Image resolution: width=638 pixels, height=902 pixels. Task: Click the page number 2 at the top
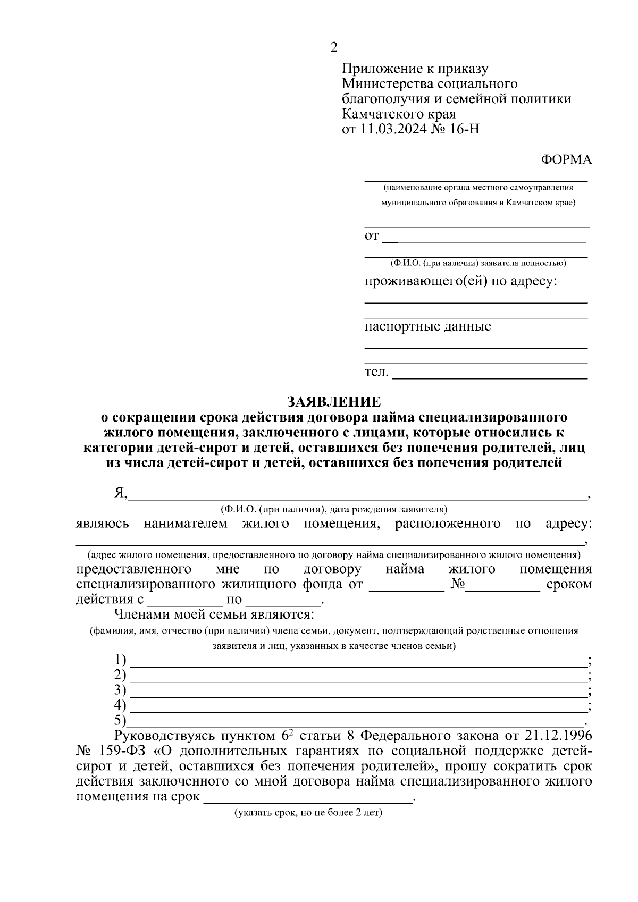(334, 48)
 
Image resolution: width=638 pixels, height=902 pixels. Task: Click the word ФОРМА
(566, 159)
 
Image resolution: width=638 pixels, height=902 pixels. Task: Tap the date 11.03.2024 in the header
(393, 129)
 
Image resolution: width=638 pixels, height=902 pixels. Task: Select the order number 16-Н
(464, 129)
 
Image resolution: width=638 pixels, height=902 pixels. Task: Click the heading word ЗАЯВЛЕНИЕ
(334, 401)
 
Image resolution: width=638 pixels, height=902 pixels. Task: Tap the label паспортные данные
(427, 326)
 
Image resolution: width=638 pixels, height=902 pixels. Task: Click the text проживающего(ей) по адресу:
(460, 281)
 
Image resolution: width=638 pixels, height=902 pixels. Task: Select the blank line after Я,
(356, 498)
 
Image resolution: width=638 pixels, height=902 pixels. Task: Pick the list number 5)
(121, 720)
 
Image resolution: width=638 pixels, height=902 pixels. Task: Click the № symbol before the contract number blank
(457, 585)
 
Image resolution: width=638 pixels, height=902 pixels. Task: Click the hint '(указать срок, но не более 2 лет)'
(308, 813)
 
